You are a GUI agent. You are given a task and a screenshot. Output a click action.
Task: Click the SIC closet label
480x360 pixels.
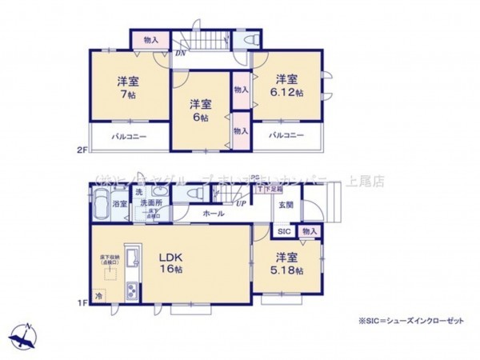point(284,232)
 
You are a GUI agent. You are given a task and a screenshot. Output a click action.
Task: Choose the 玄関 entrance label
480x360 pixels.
point(286,205)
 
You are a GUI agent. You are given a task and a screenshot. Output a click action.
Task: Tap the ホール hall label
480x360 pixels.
point(214,214)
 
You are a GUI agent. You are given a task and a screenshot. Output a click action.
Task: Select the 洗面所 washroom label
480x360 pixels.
point(152,204)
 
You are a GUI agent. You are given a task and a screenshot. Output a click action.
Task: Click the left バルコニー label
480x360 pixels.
point(129,137)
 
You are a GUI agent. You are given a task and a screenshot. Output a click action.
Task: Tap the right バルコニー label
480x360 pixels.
point(286,135)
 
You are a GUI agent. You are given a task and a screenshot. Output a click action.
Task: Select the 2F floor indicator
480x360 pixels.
point(81,150)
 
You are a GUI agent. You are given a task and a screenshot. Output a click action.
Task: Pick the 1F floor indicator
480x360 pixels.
point(81,302)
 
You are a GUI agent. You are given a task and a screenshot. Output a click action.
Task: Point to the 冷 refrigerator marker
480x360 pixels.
point(99,294)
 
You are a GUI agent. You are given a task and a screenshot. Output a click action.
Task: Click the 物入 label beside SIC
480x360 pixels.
point(310,232)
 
